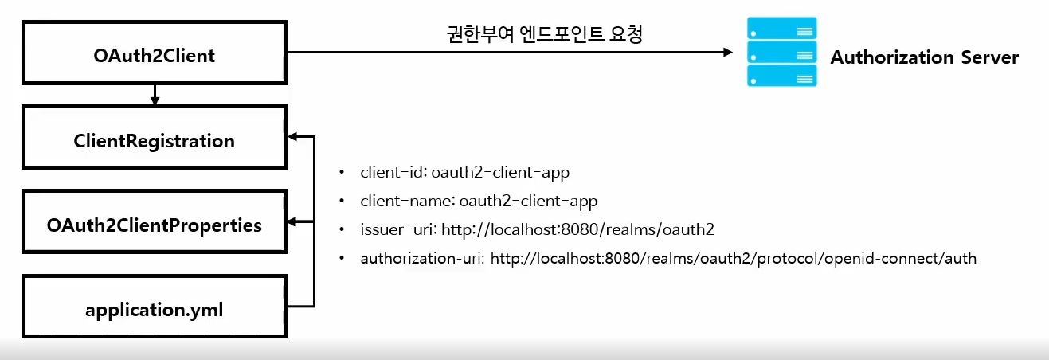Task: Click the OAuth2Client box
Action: pyautogui.click(x=155, y=56)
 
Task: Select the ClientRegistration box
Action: pyautogui.click(x=155, y=141)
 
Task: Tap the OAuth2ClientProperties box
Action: pyautogui.click(x=155, y=225)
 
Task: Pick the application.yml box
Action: pyautogui.click(x=155, y=309)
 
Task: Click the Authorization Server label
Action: pyautogui.click(x=924, y=57)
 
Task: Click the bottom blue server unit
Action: pyautogui.click(x=781, y=76)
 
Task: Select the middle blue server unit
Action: pyautogui.click(x=781, y=53)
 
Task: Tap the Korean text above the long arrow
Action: pyautogui.click(x=544, y=35)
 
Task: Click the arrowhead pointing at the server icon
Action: pyautogui.click(x=726, y=53)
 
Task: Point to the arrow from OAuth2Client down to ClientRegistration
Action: pyautogui.click(x=155, y=95)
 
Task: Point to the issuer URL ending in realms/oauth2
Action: pyautogui.click(x=577, y=229)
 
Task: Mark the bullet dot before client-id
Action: pyautogui.click(x=342, y=172)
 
